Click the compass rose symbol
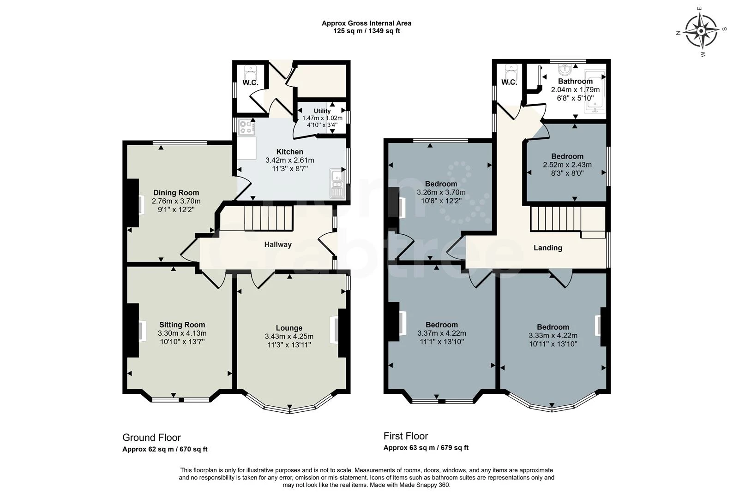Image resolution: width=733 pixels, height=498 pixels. pos(701,31)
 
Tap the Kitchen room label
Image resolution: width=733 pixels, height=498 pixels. pos(289,152)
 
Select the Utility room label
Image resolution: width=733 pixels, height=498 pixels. pos(322,111)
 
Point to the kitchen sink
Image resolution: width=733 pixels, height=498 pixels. pos(336,184)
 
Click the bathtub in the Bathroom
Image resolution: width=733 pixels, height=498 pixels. pos(595,91)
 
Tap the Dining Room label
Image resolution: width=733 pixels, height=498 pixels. pos(176,193)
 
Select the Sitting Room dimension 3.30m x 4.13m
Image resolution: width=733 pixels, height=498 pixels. pos(182,333)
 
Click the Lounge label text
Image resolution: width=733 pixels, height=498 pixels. pos(289,328)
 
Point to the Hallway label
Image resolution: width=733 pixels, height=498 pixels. pos(278,244)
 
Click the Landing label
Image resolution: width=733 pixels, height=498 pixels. pos(548,248)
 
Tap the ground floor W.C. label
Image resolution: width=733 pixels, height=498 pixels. pos(250,83)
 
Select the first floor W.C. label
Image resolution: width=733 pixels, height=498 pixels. pos(509,83)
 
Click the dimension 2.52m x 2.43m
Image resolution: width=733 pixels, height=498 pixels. pos(567,165)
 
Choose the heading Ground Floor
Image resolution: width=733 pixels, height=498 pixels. pos(151,438)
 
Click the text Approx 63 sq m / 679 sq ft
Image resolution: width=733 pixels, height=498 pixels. pos(426,448)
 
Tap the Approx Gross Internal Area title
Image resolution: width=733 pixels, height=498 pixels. pos(366,23)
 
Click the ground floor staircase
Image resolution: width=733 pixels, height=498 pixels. pos(268,218)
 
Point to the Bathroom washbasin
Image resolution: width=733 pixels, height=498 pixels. pos(565,69)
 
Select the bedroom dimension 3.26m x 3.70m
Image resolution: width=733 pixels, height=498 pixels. pos(441,192)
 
